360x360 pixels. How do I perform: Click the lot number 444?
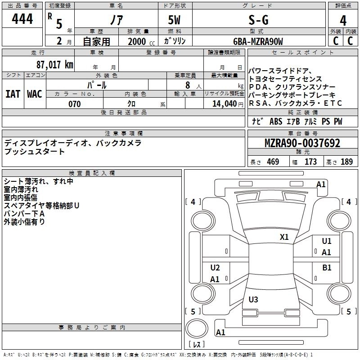[22, 19]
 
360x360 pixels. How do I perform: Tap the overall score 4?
[343, 20]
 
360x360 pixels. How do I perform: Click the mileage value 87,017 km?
[54, 64]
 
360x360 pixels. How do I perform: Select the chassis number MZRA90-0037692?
[302, 144]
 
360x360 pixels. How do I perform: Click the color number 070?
[74, 104]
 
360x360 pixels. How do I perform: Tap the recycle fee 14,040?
[224, 104]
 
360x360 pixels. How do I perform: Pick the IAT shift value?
[13, 94]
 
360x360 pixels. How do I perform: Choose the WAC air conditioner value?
[34, 94]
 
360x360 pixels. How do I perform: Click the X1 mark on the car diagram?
[284, 237]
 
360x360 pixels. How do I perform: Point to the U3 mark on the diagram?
[253, 299]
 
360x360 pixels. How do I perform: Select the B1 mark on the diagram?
[327, 267]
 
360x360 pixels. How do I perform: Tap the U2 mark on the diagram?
[215, 268]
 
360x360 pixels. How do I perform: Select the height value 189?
[346, 162]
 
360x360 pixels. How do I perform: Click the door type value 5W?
[175, 20]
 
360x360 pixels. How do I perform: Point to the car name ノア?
[116, 20]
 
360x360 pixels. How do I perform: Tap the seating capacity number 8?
[187, 85]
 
